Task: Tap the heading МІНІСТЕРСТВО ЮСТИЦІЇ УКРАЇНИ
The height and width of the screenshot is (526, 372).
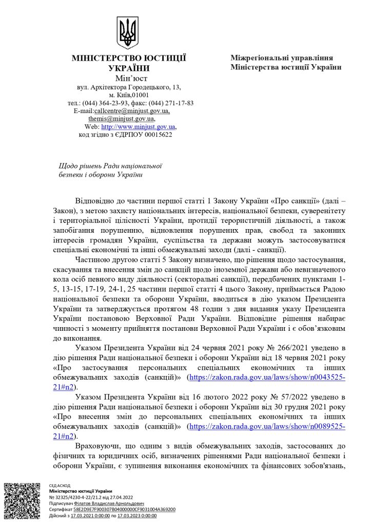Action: click(x=129, y=63)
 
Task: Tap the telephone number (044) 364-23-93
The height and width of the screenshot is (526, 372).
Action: click(x=109, y=103)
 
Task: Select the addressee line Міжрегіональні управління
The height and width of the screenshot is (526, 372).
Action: click(x=282, y=58)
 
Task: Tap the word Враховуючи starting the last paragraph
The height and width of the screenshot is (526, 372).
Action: click(x=100, y=445)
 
